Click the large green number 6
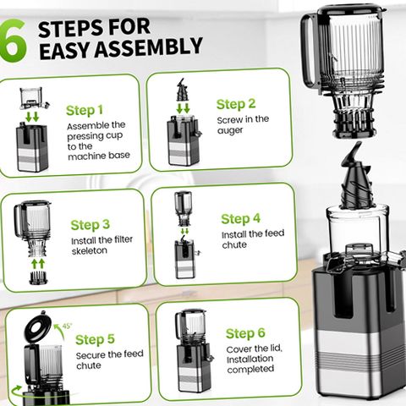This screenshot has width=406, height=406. pyautogui.click(x=13, y=40)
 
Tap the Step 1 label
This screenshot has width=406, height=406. pyautogui.click(x=85, y=110)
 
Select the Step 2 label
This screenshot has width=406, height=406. pyautogui.click(x=236, y=104)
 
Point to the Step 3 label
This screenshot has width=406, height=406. pyautogui.click(x=90, y=225)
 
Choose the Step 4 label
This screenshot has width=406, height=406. pyautogui.click(x=240, y=219)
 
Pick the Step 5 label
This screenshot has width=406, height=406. pyautogui.click(x=95, y=339)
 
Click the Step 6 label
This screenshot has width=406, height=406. pyautogui.click(x=245, y=333)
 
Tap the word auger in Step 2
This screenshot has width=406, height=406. pyautogui.click(x=230, y=130)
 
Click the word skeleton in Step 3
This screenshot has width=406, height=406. pyautogui.click(x=90, y=250)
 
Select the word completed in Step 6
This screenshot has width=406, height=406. pyautogui.click(x=250, y=369)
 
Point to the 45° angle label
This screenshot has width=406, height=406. pyautogui.click(x=67, y=326)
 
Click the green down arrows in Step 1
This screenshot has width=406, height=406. pyautogui.click(x=32, y=117)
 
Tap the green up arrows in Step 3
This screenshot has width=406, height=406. pyautogui.click(x=38, y=264)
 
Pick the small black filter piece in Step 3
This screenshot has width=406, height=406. pyautogui.click(x=39, y=278)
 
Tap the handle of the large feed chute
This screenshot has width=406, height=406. pyautogui.click(x=309, y=51)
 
